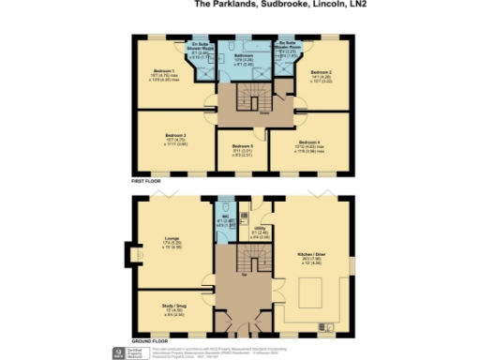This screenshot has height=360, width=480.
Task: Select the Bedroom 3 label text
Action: coord(165,136)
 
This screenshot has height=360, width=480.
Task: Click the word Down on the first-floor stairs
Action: coord(240,114)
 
